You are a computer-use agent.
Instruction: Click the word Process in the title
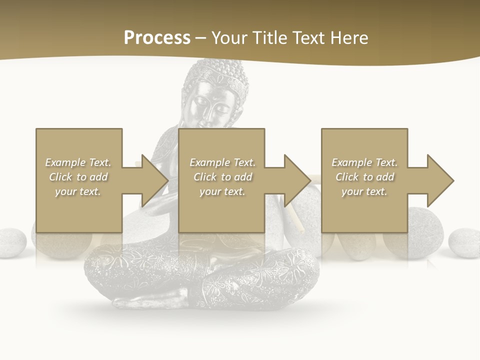(157, 38)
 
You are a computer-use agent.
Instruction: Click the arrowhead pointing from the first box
(154, 180)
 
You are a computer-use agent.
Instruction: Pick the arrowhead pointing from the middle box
(297, 180)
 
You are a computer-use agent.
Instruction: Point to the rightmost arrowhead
(440, 180)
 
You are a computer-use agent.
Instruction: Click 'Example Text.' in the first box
(78, 162)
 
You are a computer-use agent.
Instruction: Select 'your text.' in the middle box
(222, 191)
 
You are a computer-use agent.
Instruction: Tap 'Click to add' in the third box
(365, 177)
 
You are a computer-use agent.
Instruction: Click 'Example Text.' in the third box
(365, 162)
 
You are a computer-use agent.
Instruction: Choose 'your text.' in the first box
(78, 191)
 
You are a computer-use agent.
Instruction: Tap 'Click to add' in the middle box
(222, 177)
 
